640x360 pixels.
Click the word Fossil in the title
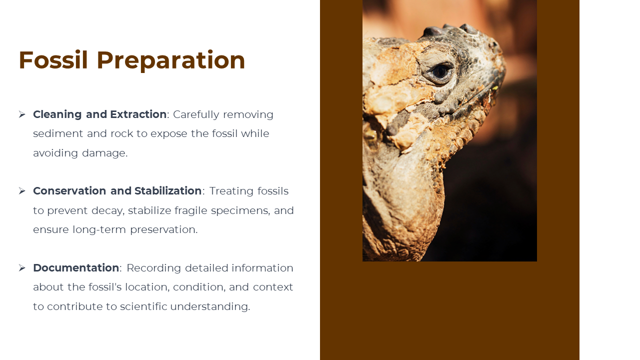[53, 60]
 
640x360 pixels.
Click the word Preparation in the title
[171, 61]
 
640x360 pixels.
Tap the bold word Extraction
[138, 114]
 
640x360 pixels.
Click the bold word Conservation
[69, 191]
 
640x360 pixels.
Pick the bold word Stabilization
[168, 191]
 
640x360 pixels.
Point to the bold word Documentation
[76, 268]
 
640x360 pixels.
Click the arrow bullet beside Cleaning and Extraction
[22, 114]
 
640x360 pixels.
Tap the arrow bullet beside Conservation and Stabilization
[22, 191]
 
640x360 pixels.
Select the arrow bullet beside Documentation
[22, 268]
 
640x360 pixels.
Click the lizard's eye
[439, 71]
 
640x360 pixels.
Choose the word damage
[104, 153]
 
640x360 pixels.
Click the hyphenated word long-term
[99, 230]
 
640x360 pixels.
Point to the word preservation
[163, 230]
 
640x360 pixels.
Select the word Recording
[153, 268]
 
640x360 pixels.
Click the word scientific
[143, 306]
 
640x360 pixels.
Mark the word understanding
[210, 307]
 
